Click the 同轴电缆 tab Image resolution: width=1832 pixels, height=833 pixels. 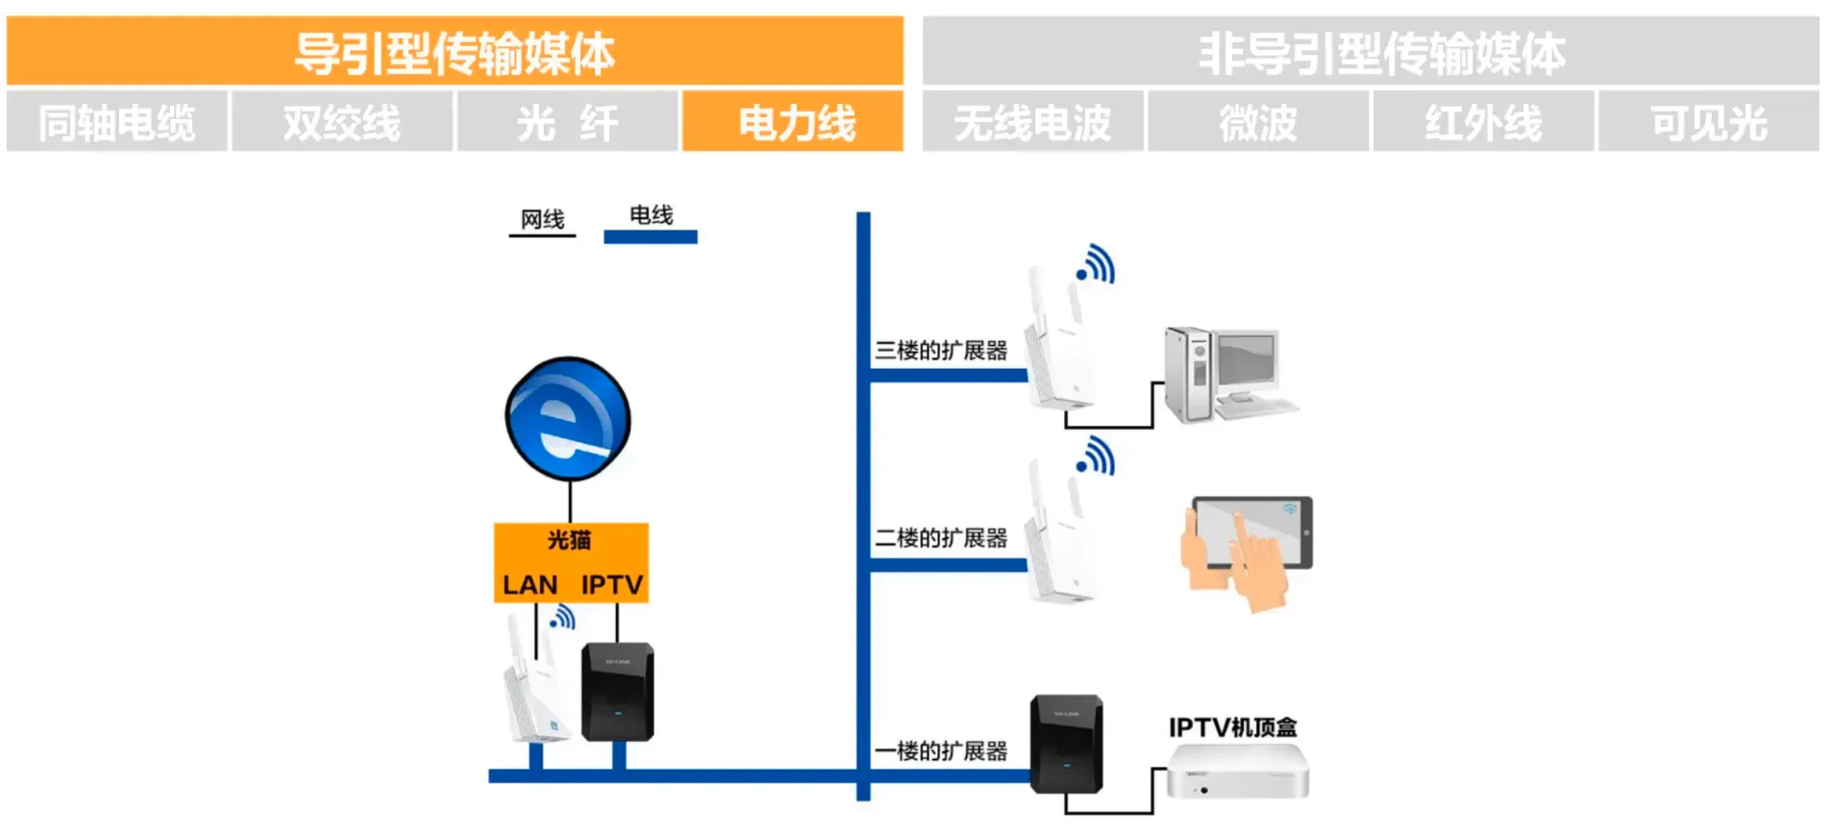116,122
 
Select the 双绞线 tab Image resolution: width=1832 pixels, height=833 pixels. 341,122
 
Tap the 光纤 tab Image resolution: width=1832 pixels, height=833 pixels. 567,122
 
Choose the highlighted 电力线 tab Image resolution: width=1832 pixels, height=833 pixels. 793,122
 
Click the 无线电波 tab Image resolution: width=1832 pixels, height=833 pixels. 1032,122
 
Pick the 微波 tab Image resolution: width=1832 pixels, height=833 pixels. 1257,122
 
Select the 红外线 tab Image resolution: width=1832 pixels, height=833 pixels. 1483,122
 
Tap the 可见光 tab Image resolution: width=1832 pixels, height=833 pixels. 1708,122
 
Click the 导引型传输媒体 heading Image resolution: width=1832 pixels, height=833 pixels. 455,52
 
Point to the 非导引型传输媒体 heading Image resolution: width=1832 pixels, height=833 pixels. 1381,52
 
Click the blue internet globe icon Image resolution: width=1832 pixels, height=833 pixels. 568,419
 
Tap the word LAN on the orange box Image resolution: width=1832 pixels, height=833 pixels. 530,584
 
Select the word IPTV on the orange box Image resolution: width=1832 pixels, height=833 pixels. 611,584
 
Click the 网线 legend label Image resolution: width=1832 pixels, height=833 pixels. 542,219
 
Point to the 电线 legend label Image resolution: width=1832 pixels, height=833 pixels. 651,215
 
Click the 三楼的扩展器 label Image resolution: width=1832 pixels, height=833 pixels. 941,351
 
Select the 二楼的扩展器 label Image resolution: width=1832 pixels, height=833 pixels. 941,538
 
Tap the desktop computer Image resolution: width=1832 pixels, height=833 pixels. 1227,375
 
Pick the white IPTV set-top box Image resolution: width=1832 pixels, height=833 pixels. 1237,773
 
